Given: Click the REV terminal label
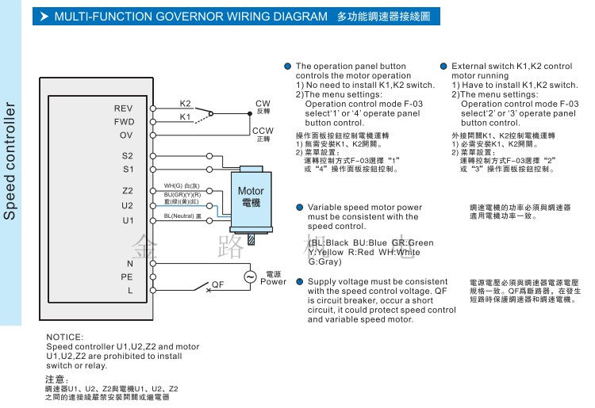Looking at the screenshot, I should tap(124, 108).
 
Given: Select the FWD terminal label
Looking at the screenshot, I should tap(124, 122).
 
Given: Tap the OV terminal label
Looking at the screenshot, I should tap(126, 135).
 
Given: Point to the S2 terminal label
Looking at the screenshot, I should tap(128, 156).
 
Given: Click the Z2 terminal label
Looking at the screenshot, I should tap(128, 191).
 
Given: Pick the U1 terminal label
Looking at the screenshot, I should tap(128, 220).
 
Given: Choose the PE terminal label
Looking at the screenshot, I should tap(127, 277).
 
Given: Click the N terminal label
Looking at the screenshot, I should tap(130, 263).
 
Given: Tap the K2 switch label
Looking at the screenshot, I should tap(186, 103).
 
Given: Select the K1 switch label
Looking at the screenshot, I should tap(186, 116).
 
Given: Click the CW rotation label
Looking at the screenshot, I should tap(263, 104).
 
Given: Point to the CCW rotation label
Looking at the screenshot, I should tap(263, 130).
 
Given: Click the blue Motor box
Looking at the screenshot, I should tap(251, 197).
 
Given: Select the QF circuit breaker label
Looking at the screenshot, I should tap(217, 283).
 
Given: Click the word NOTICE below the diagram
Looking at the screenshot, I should tap(64, 337).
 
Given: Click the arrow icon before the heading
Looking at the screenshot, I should tap(44, 16).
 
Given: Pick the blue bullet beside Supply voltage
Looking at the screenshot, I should tap(299, 282).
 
